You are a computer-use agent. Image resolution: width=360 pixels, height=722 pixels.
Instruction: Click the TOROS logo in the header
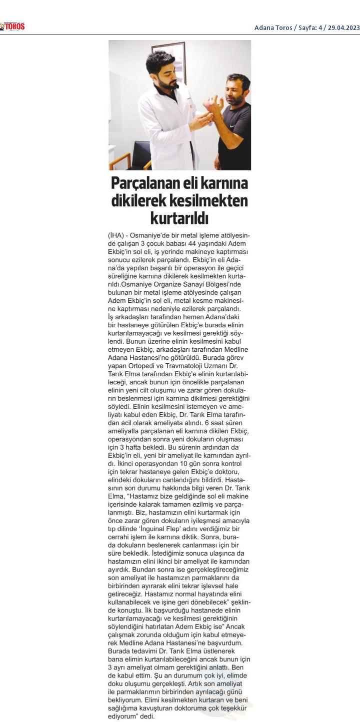[x=12, y=27]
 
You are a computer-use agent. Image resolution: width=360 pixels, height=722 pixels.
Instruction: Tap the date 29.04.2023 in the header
[x=344, y=27]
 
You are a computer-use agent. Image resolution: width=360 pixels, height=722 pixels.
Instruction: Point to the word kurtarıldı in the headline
[x=179, y=218]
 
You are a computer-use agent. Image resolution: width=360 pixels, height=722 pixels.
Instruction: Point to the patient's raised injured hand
[x=214, y=104]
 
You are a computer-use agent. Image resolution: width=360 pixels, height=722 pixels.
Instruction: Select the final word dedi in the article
[x=148, y=716]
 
